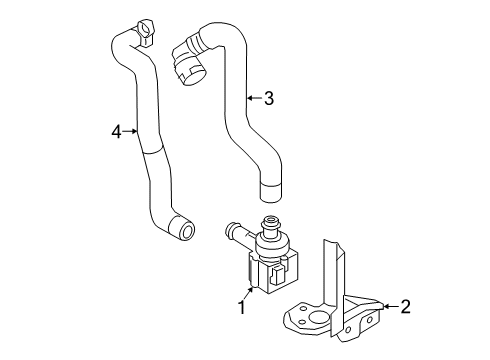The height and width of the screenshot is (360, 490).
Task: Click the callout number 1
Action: [x=242, y=307]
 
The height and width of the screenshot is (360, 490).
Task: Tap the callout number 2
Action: [x=405, y=306]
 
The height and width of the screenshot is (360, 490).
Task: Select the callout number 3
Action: [x=269, y=98]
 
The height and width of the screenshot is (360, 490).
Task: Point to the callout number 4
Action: [x=116, y=132]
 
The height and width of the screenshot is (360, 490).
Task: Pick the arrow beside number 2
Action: [x=391, y=306]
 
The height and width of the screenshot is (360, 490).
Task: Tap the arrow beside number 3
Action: [x=254, y=98]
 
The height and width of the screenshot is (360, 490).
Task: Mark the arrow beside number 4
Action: [x=130, y=132]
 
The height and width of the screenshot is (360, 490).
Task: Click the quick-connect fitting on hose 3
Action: [x=188, y=62]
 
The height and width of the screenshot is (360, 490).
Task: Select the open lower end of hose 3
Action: [x=270, y=193]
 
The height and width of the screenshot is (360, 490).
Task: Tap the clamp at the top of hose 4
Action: [x=144, y=32]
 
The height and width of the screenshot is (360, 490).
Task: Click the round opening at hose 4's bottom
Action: [x=185, y=230]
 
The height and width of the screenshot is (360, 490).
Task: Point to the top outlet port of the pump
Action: [x=271, y=226]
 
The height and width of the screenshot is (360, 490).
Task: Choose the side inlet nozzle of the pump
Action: [x=237, y=232]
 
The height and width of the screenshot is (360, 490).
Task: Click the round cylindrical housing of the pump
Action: [x=272, y=247]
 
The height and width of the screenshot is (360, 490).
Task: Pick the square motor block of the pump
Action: [x=272, y=273]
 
